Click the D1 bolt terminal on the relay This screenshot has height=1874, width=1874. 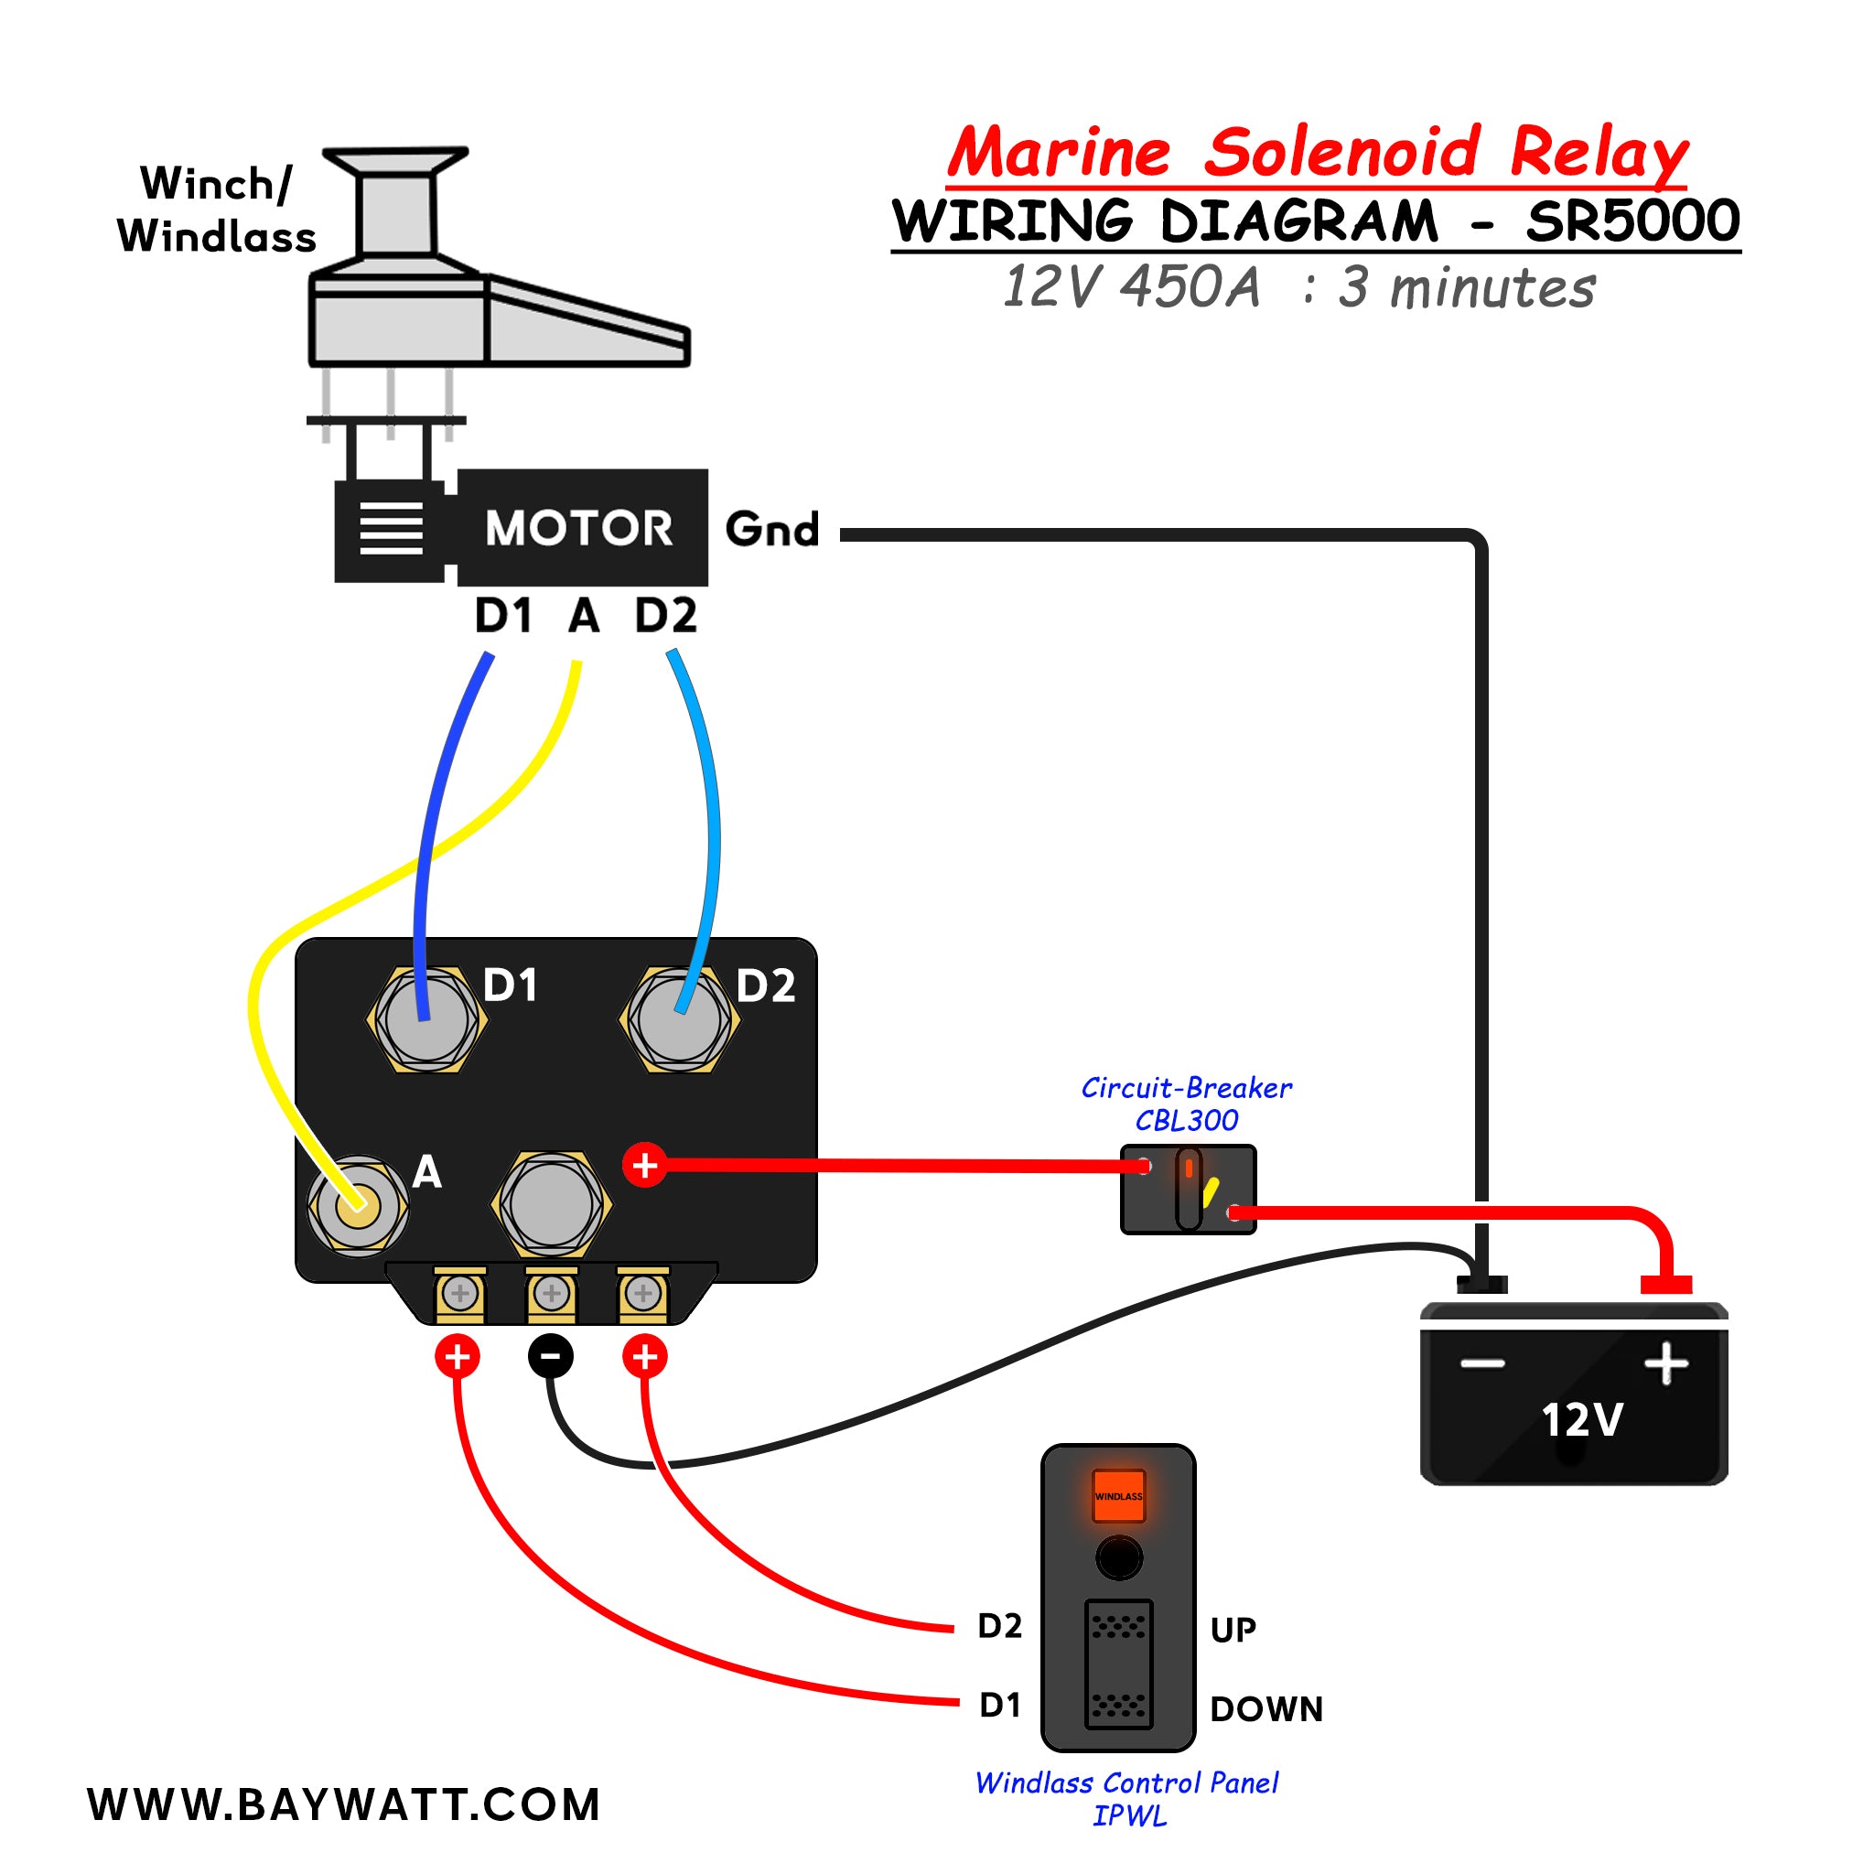(x=426, y=1019)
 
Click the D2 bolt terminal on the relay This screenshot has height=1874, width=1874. (x=680, y=1019)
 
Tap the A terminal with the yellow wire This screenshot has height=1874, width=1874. (x=358, y=1206)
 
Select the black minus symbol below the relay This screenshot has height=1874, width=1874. (x=550, y=1355)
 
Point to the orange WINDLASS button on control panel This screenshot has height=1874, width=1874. (x=1118, y=1496)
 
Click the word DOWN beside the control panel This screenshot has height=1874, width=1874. (x=1265, y=1709)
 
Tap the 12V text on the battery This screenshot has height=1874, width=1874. (x=1581, y=1420)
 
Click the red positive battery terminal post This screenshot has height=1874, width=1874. (x=1665, y=1284)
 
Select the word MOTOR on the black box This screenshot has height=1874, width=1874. (x=578, y=529)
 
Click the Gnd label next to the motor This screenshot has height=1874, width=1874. (x=772, y=530)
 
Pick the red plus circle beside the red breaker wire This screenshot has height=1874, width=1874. (x=645, y=1165)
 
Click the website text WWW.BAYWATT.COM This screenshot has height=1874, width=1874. (x=344, y=1805)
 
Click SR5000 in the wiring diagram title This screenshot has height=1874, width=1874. (x=1632, y=221)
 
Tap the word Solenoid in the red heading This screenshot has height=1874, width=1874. (x=1341, y=152)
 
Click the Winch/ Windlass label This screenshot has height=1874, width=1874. (x=216, y=210)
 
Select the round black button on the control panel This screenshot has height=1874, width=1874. (x=1118, y=1558)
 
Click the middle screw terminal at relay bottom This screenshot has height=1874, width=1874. (x=551, y=1293)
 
